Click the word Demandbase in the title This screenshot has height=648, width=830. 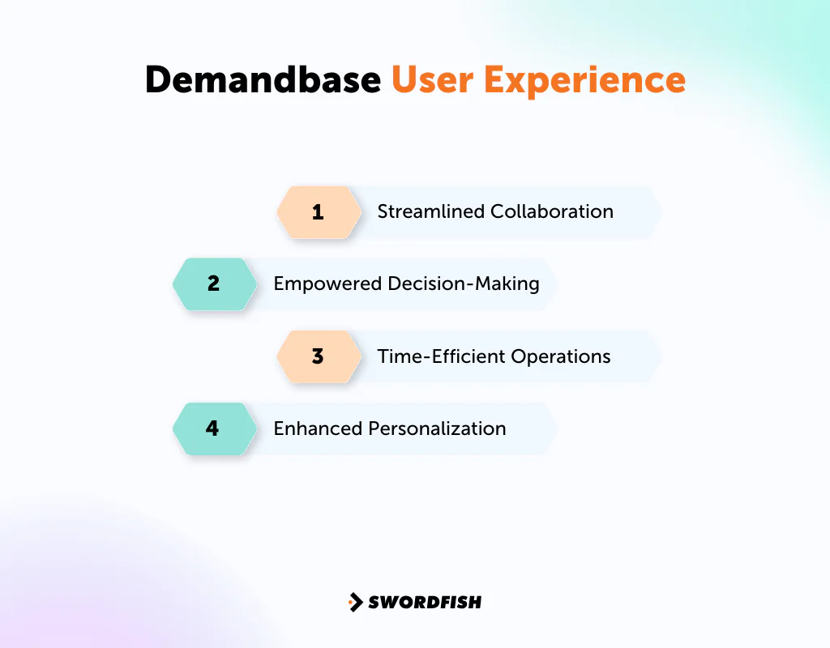pyautogui.click(x=263, y=79)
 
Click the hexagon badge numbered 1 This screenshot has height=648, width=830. pyautogui.click(x=319, y=212)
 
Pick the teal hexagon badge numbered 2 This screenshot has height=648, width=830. pyautogui.click(x=214, y=284)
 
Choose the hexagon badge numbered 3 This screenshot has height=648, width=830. pyautogui.click(x=319, y=356)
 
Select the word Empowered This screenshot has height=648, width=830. pyautogui.click(x=327, y=284)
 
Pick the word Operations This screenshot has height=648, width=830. pyautogui.click(x=563, y=356)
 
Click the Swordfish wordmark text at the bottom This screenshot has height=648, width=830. pyautogui.click(x=425, y=602)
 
